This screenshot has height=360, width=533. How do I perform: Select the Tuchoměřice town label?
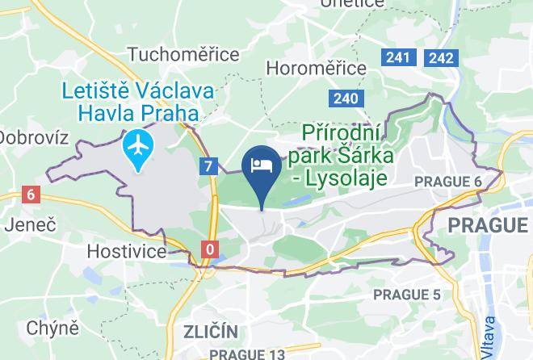click(183, 54)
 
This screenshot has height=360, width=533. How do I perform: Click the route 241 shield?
click(398, 57)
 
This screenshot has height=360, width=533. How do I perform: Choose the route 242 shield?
click(441, 57)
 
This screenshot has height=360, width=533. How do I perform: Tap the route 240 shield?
click(343, 98)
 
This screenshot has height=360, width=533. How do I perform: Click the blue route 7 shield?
click(209, 166)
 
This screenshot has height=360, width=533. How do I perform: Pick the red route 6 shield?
click(31, 194)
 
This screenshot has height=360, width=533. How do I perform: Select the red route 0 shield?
click(210, 249)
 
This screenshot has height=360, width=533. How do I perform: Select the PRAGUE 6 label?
click(447, 182)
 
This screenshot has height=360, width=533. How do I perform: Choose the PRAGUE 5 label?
click(407, 294)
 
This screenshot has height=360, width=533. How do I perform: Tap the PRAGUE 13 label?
click(247, 354)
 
